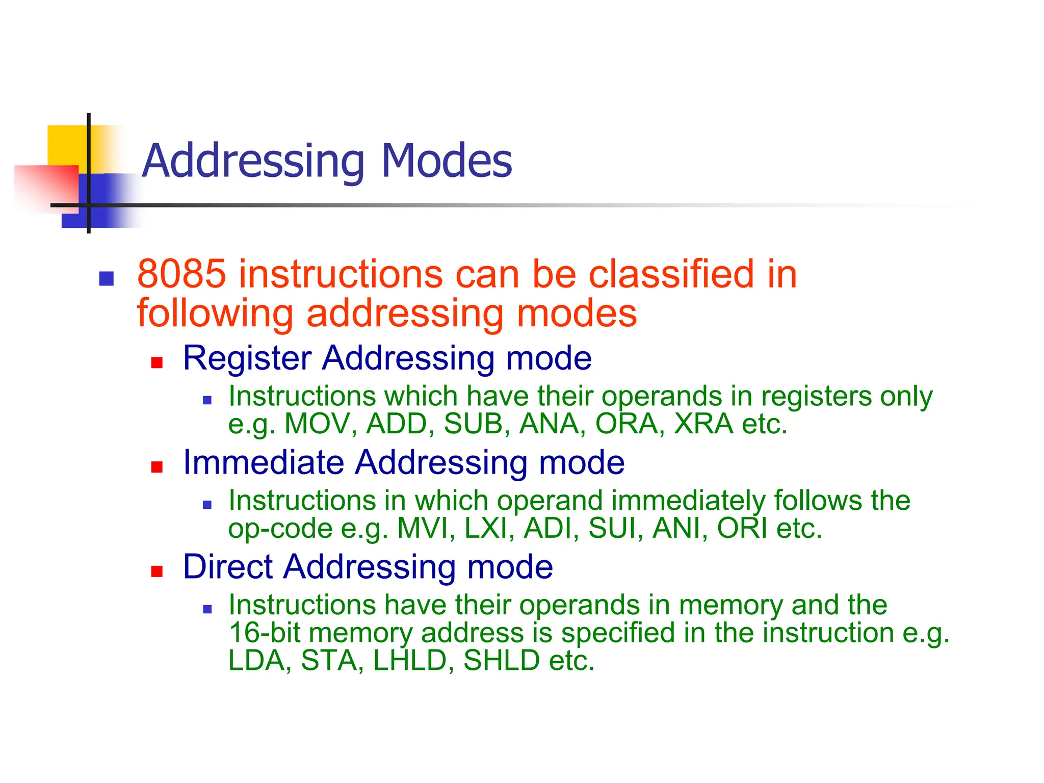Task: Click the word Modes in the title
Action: (x=446, y=161)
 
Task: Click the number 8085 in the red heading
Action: (x=181, y=274)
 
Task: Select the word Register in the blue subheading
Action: (x=247, y=358)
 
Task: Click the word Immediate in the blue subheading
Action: (x=264, y=462)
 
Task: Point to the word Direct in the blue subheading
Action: (x=228, y=567)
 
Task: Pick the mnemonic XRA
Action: (x=703, y=424)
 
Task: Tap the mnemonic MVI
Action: (x=426, y=528)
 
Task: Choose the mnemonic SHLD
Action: (x=502, y=661)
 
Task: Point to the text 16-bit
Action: (x=264, y=633)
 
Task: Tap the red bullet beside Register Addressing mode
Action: (x=156, y=362)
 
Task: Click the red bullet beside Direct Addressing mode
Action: (x=156, y=571)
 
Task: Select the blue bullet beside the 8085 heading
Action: (x=106, y=279)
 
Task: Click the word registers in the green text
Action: (x=816, y=397)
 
